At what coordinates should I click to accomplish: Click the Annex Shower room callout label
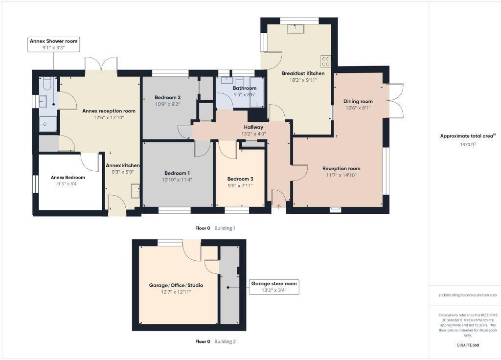(x=54, y=42)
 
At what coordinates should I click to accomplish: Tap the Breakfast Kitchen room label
(x=303, y=73)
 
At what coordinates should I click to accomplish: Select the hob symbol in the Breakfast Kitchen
(x=325, y=61)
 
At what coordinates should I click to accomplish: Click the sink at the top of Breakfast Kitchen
(x=296, y=29)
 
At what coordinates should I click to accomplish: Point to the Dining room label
(x=358, y=101)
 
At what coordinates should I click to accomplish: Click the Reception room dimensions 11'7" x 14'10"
(x=341, y=175)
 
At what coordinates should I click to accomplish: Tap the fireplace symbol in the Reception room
(x=335, y=210)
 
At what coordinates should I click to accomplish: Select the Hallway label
(x=253, y=127)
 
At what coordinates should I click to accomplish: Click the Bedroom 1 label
(x=177, y=173)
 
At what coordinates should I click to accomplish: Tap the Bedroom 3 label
(x=240, y=179)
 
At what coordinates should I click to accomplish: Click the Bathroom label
(x=244, y=88)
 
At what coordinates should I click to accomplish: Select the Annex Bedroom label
(x=68, y=177)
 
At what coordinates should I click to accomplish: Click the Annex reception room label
(x=109, y=111)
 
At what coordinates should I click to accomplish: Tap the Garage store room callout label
(x=273, y=284)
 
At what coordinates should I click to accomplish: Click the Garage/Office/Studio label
(x=176, y=285)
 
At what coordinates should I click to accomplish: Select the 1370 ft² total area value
(x=468, y=144)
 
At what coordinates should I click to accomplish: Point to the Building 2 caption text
(x=226, y=341)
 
